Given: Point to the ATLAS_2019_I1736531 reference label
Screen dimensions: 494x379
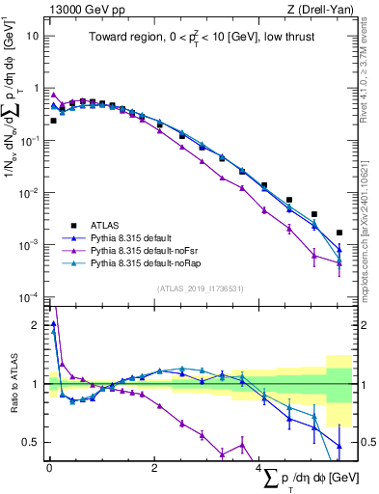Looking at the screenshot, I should click(200, 288).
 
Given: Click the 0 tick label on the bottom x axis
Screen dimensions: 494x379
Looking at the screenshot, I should click(49, 468).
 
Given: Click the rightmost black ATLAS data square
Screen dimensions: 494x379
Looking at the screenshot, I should click(339, 233).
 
